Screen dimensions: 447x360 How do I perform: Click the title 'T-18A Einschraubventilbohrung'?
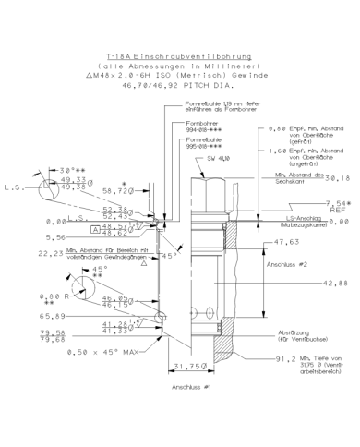pos(179,56)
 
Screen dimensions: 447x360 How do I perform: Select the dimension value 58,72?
pos(116,189)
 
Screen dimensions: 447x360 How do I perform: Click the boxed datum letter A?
pos(94,226)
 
